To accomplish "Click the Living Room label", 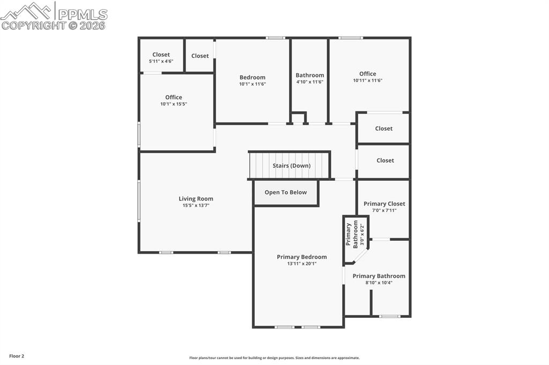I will (x=196, y=199).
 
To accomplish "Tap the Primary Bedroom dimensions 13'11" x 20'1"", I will (x=301, y=263).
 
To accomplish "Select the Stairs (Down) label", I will (x=291, y=165).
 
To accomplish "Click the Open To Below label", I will (x=286, y=192).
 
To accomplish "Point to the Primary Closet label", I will (x=384, y=203).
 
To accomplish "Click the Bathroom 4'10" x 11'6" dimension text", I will (x=310, y=82).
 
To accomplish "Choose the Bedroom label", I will (x=252, y=77).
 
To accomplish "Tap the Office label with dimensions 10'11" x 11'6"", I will (x=367, y=74).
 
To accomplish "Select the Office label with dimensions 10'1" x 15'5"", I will (x=173, y=97).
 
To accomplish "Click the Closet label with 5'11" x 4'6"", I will (x=161, y=55).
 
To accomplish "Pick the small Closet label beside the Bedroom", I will (x=200, y=56).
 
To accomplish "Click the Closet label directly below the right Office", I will (x=384, y=128).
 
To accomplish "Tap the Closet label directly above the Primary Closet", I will (x=385, y=160).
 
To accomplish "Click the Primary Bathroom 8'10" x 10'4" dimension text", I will (x=379, y=283).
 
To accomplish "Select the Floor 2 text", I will (x=16, y=356).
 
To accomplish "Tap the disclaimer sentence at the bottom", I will (x=274, y=358).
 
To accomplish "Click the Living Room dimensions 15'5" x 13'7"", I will (x=196, y=205).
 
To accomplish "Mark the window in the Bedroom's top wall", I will (x=276, y=38).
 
